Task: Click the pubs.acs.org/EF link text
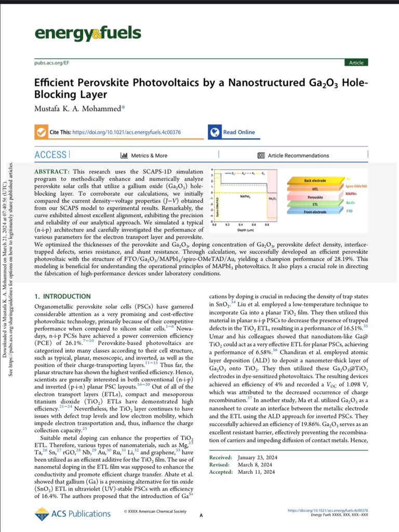(x=48, y=63)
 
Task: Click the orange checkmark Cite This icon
(x=40, y=132)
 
